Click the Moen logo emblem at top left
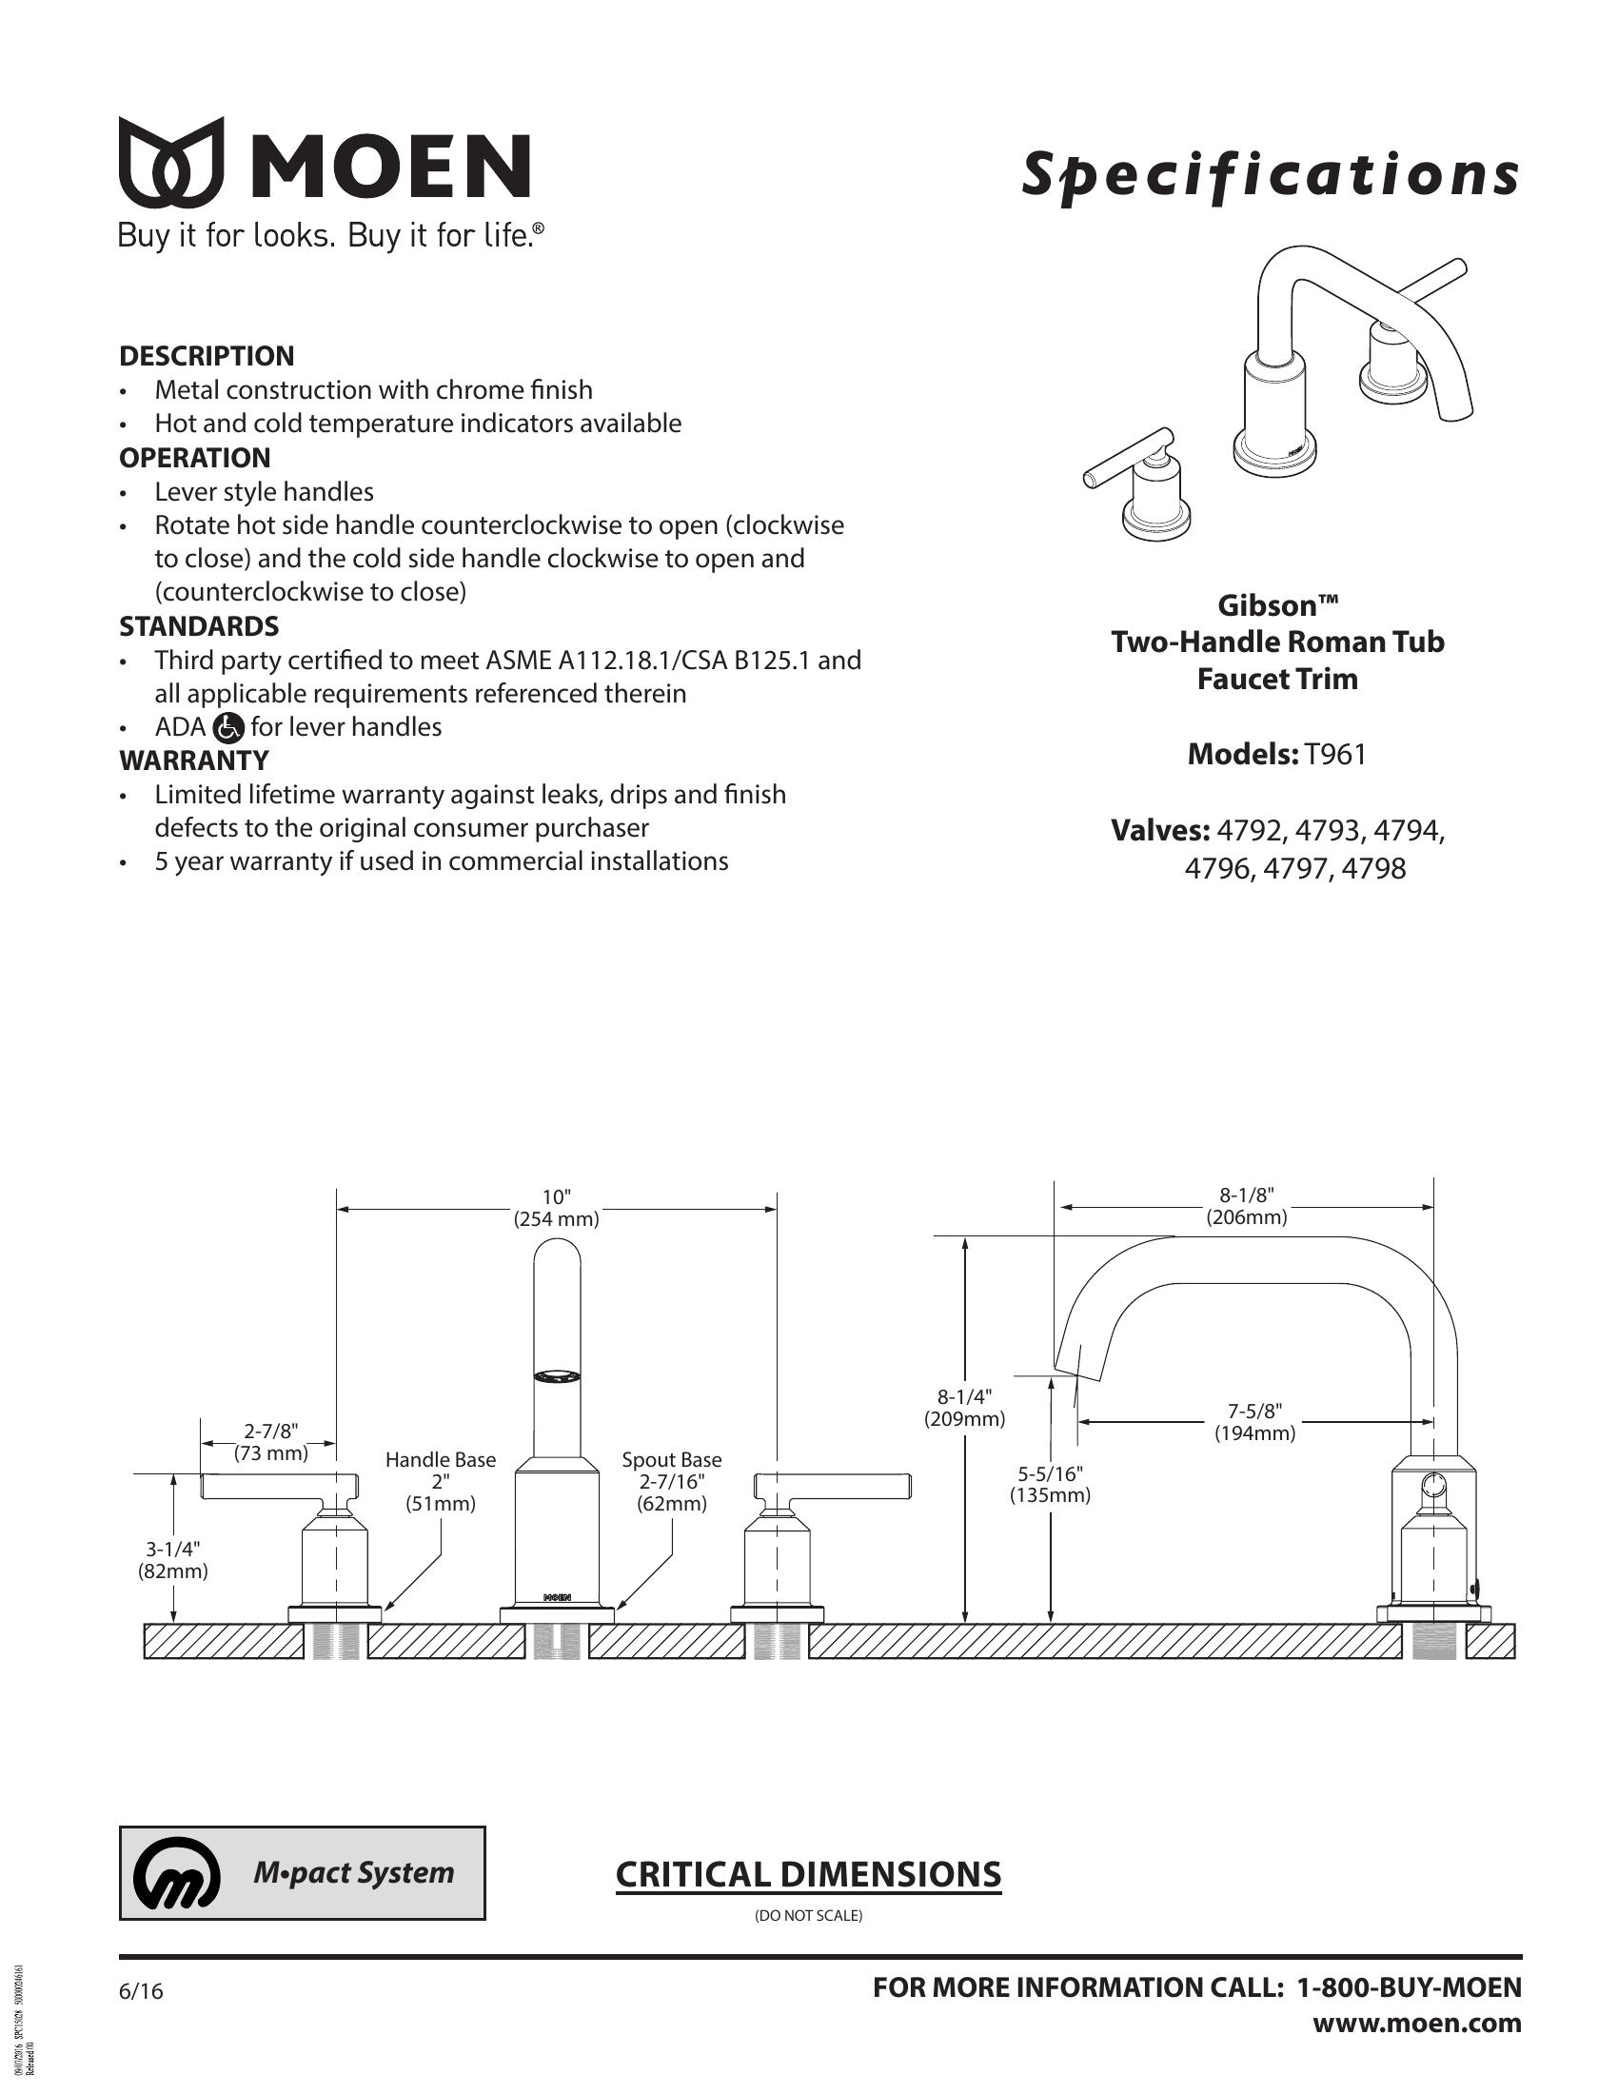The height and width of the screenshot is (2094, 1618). pyautogui.click(x=171, y=163)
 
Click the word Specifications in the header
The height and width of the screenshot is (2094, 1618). pyautogui.click(x=1270, y=175)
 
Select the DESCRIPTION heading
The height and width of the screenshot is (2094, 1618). pyautogui.click(x=207, y=356)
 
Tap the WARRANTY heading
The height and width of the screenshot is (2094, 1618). pyautogui.click(x=193, y=761)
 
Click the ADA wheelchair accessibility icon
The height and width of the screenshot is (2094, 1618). pyautogui.click(x=228, y=728)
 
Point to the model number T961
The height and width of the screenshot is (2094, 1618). pyautogui.click(x=1335, y=755)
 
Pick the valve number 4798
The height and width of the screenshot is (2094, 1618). pyautogui.click(x=1373, y=869)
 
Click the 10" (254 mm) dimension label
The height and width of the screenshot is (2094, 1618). pyautogui.click(x=556, y=1208)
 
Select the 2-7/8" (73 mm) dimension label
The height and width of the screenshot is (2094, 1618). pyautogui.click(x=271, y=1442)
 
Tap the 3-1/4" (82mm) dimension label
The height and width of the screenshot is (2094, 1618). pyautogui.click(x=173, y=1560)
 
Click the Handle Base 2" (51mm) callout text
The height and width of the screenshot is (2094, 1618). pyautogui.click(x=440, y=1481)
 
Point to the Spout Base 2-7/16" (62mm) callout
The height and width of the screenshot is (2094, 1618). pyautogui.click(x=671, y=1481)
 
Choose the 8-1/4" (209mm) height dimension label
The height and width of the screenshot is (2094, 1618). pyautogui.click(x=964, y=1408)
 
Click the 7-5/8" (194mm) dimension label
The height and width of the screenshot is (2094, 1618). pyautogui.click(x=1254, y=1422)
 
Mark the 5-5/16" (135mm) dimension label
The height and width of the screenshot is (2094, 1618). pyautogui.click(x=1050, y=1483)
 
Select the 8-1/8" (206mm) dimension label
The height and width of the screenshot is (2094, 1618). pyautogui.click(x=1246, y=1206)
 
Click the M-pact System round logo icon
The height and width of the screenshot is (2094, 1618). pyautogui.click(x=176, y=1873)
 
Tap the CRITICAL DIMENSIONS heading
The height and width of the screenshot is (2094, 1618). pyautogui.click(x=808, y=1874)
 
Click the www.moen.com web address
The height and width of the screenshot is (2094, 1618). pyautogui.click(x=1417, y=2024)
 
